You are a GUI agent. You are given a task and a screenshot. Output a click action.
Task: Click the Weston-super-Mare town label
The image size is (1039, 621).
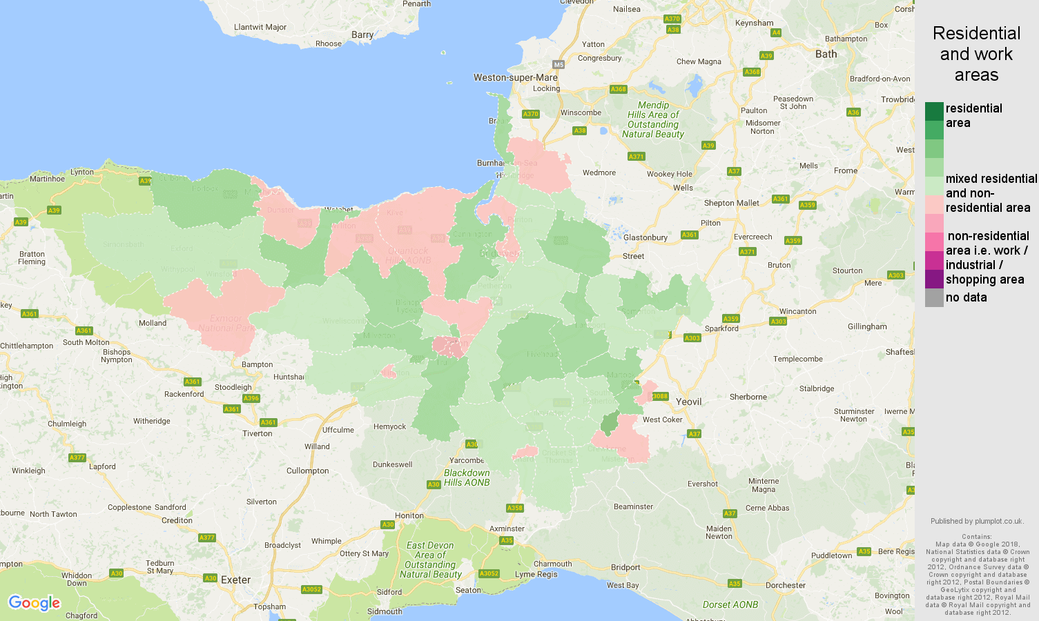[x=515, y=77]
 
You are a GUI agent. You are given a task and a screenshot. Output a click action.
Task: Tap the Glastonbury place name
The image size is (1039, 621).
[x=645, y=237]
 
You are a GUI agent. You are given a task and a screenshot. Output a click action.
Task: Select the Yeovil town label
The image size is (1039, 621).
[x=688, y=402]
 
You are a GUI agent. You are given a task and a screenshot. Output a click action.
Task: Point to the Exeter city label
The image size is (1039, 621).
[x=235, y=580]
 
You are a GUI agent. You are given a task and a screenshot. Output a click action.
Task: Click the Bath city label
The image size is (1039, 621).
[x=826, y=54]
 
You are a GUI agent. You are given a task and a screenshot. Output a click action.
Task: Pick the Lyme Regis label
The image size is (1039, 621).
[x=536, y=574]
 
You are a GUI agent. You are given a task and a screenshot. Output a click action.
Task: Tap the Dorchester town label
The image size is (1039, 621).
[x=786, y=585]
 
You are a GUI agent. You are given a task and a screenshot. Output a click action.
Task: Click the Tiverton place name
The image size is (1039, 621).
[x=257, y=433]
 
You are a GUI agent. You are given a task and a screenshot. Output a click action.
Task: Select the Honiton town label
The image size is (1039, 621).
[x=409, y=515]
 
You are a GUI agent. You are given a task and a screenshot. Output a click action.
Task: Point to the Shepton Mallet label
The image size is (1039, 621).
[x=731, y=203]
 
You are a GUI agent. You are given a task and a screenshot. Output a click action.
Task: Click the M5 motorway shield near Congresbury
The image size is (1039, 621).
[x=559, y=65]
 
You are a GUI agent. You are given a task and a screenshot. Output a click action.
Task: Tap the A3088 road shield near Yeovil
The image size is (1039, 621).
[x=660, y=396]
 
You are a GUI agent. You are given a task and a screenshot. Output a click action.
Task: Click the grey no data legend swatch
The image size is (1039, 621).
[x=934, y=297]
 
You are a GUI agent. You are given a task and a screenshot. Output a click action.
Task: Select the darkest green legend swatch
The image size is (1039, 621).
[x=934, y=111]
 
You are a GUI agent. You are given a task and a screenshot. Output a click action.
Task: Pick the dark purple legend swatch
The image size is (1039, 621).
[x=934, y=279]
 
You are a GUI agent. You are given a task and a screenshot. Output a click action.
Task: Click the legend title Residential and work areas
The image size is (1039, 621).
[x=976, y=54]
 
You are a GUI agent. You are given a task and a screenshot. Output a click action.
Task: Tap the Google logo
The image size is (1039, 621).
[x=35, y=603]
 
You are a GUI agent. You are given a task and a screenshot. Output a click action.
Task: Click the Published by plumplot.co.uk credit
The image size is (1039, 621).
[x=976, y=521]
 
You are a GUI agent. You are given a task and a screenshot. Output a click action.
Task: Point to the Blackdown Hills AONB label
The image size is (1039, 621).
[x=467, y=477]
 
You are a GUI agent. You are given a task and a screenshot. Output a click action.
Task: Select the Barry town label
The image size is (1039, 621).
[x=362, y=34]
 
